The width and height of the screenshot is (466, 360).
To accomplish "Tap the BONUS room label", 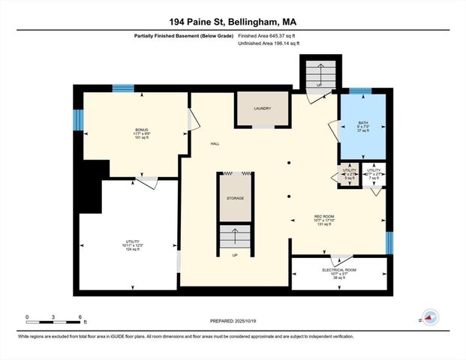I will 131,130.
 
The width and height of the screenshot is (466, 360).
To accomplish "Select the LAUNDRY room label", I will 262,109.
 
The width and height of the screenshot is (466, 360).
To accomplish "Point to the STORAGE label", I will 236,199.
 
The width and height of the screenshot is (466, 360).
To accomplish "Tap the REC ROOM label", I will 323,218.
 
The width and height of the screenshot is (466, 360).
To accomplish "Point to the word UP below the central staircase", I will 236,256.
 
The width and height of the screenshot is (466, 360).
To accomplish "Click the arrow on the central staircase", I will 236,237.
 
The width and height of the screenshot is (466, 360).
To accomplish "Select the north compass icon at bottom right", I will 430,318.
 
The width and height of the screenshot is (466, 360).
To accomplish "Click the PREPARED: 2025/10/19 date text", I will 233,322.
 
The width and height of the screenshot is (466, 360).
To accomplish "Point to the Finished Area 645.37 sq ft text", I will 268,35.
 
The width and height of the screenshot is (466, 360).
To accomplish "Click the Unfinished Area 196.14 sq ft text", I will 269,43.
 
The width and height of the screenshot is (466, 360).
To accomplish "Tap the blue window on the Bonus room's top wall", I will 123,88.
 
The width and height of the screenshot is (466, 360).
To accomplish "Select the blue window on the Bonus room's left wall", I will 77,120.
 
